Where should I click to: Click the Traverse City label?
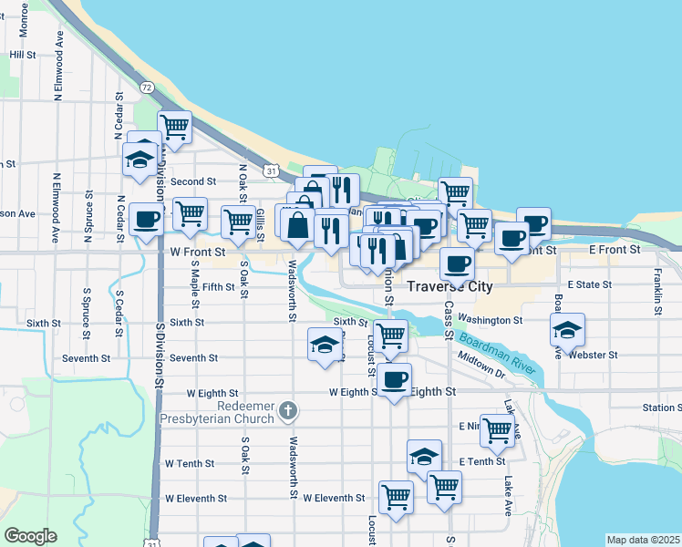click(x=449, y=286)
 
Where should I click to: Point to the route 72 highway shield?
click(x=147, y=87)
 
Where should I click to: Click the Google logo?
click(x=31, y=536)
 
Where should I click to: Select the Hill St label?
click(x=22, y=55)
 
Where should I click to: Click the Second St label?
click(x=192, y=182)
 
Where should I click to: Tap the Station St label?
click(x=661, y=408)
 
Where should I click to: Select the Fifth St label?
click(x=219, y=287)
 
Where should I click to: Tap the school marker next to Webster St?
click(x=567, y=331)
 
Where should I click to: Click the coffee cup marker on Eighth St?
click(x=394, y=380)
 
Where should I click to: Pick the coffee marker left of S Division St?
click(x=147, y=219)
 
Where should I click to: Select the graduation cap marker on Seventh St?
click(x=325, y=345)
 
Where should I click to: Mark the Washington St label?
click(x=491, y=320)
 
